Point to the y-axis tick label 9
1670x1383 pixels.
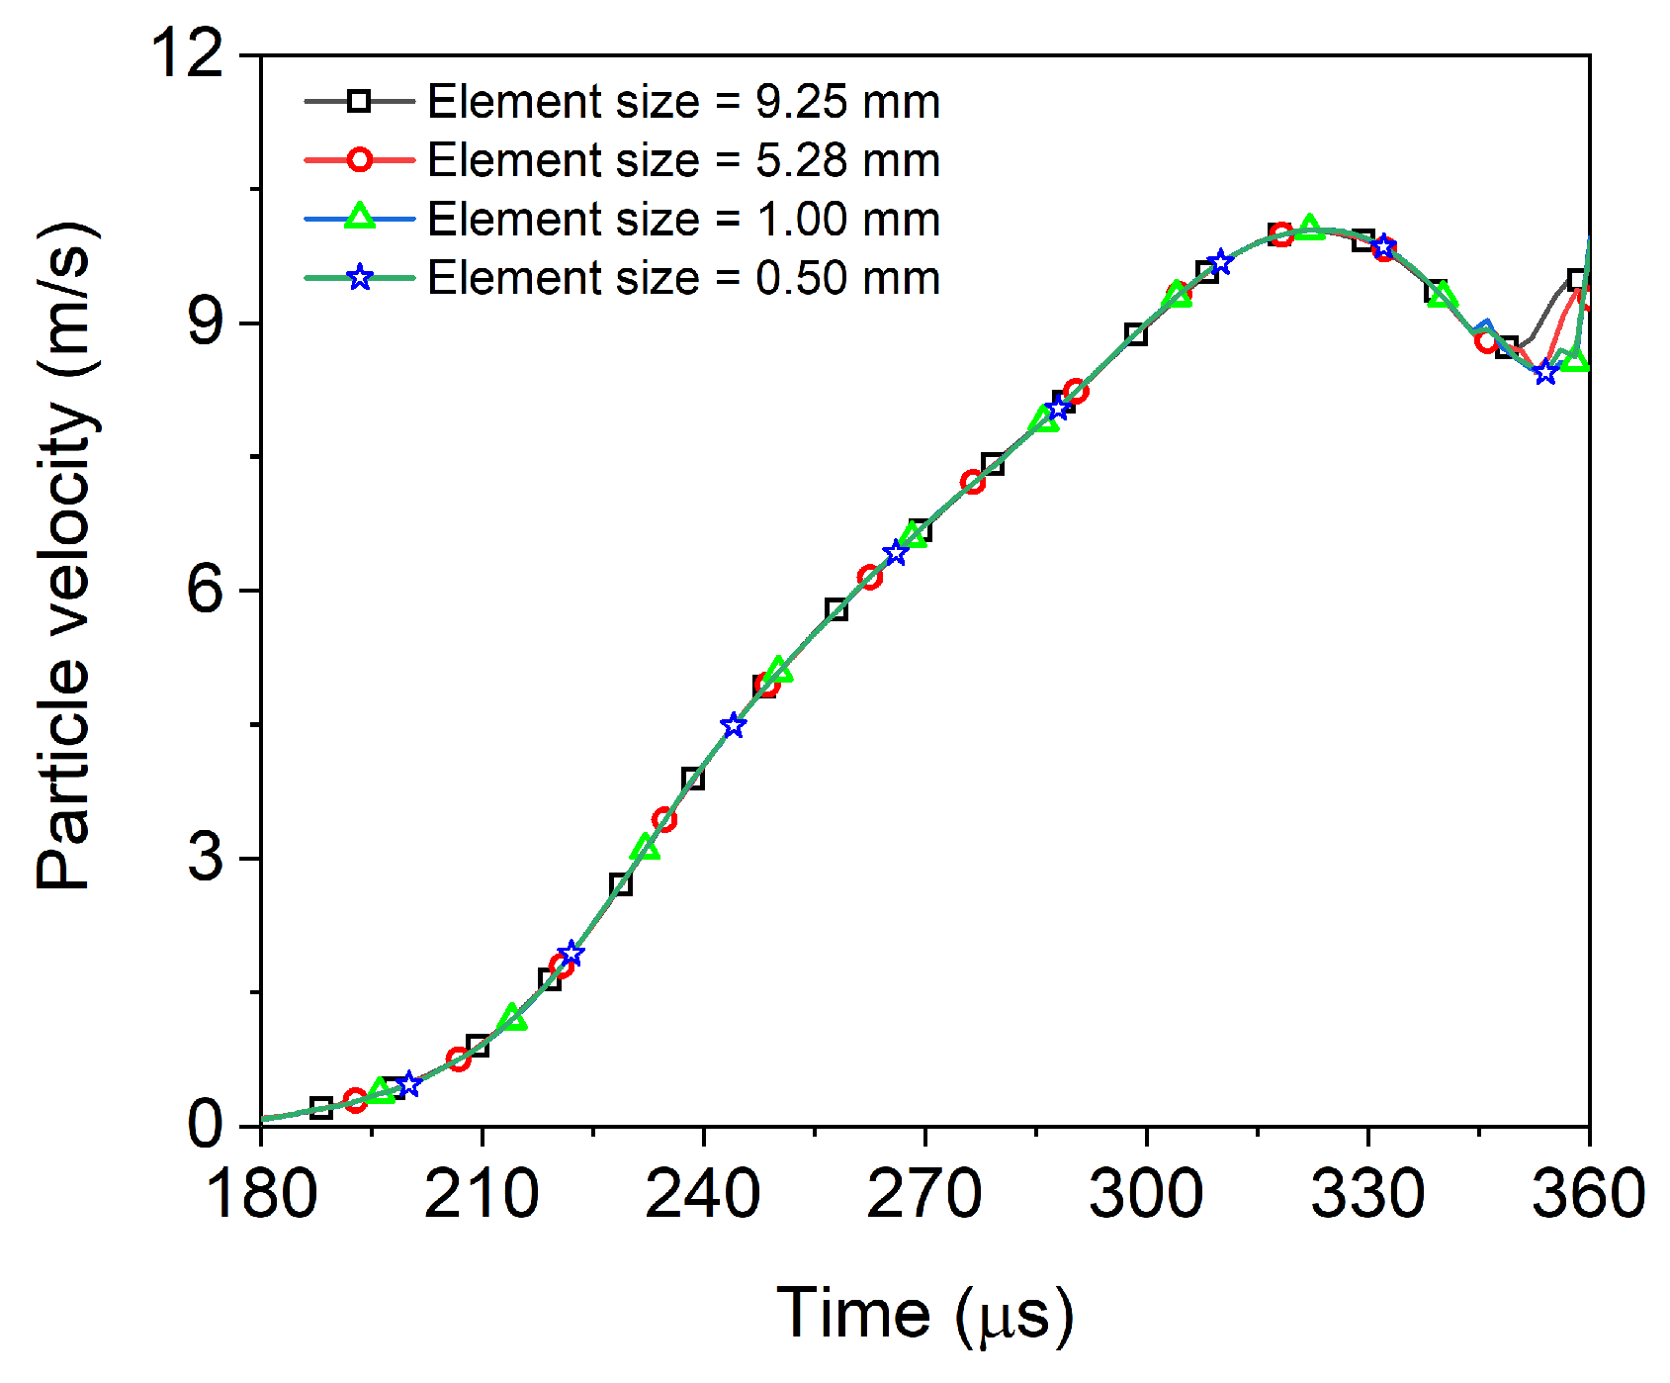tap(206, 323)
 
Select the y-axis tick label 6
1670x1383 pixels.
tap(206, 591)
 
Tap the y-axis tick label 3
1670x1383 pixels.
tap(206, 858)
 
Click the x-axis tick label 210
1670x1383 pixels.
tap(482, 1193)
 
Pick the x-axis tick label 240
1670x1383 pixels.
tap(703, 1193)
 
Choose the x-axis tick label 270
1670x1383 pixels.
tap(924, 1193)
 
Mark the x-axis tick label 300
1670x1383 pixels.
tap(1146, 1193)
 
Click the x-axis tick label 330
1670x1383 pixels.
tap(1367, 1193)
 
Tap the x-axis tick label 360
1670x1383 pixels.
tap(1588, 1193)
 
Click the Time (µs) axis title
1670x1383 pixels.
tap(924, 1314)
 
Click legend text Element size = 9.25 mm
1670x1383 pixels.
tap(683, 102)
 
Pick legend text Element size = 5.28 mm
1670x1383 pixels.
tap(683, 160)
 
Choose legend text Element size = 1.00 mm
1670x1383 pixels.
tap(683, 219)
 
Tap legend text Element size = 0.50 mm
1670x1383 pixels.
tap(683, 278)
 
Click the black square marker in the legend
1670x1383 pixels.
tap(360, 101)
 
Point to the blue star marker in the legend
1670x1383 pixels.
tap(360, 278)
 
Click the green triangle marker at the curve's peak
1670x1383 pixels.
tap(1310, 228)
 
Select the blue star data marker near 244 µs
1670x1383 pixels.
tap(733, 725)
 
